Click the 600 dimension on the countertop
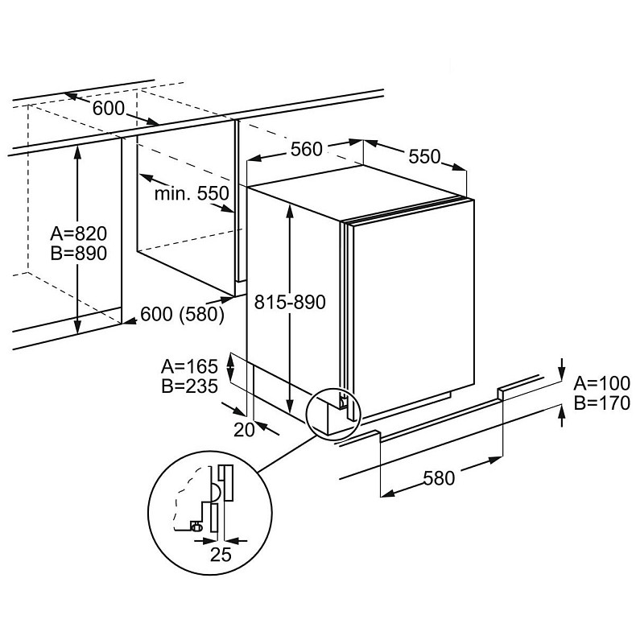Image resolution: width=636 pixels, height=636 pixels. coord(108,108)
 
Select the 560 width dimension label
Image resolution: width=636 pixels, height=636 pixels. coord(306,148)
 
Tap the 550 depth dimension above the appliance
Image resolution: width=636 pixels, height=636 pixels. coord(424,156)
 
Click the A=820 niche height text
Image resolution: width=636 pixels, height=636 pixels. coord(79,234)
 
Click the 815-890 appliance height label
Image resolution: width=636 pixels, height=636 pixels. coord(289,302)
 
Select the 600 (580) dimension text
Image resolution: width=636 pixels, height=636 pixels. coord(182,314)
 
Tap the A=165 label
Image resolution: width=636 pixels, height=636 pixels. coord(190,367)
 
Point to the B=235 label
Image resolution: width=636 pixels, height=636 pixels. coord(190,386)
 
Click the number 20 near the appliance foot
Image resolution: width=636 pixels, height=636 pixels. coord(243,429)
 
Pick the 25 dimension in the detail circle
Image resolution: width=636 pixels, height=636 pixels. coord(220,555)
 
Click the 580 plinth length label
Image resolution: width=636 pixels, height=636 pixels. coord(440,477)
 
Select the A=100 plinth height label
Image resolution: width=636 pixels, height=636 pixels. coord(602,384)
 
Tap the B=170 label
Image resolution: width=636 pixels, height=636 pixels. coord(602,403)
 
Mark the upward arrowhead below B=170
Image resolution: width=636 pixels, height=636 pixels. coord(562,412)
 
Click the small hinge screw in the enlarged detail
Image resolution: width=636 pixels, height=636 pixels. coord(195,526)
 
